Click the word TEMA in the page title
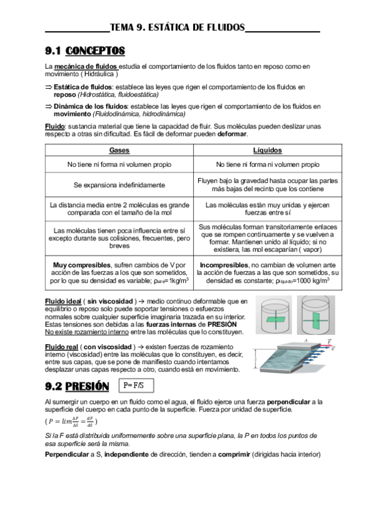click(123, 27)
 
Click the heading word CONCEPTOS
click(95, 50)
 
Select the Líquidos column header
click(268, 150)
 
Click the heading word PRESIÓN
click(86, 386)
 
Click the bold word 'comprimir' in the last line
click(229, 455)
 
